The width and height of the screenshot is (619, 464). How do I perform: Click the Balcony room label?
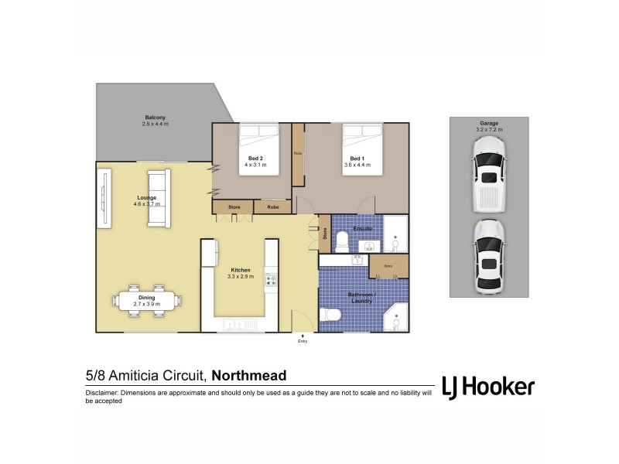click(x=155, y=117)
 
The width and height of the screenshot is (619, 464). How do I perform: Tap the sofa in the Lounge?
click(x=159, y=198)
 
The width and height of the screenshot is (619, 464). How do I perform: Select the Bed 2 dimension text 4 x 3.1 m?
click(x=255, y=165)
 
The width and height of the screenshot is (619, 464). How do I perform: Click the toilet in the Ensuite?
click(x=342, y=243)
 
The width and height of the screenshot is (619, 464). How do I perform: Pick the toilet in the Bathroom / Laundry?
click(x=331, y=316)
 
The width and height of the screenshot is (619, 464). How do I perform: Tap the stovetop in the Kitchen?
click(x=271, y=281)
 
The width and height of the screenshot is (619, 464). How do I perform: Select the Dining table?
click(x=147, y=301)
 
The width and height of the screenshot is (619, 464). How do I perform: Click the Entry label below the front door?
click(x=303, y=341)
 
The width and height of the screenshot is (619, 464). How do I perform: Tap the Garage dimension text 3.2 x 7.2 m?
click(x=489, y=130)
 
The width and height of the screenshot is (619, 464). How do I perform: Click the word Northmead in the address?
click(x=249, y=376)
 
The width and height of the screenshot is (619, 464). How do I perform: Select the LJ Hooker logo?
click(x=487, y=386)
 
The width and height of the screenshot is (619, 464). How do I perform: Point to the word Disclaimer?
click(x=103, y=394)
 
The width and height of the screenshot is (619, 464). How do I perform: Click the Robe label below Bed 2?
click(x=273, y=206)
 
